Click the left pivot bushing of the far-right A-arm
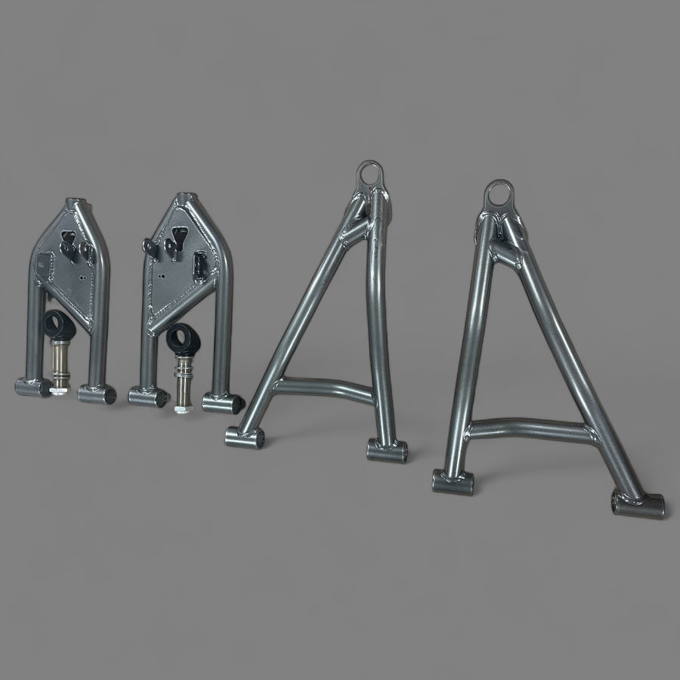(453, 482)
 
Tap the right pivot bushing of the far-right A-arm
(638, 504)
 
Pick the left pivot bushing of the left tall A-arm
(245, 437)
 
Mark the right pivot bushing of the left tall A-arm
(387, 451)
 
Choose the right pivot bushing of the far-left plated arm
(97, 394)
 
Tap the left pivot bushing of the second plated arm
(147, 397)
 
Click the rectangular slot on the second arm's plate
(200, 264)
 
